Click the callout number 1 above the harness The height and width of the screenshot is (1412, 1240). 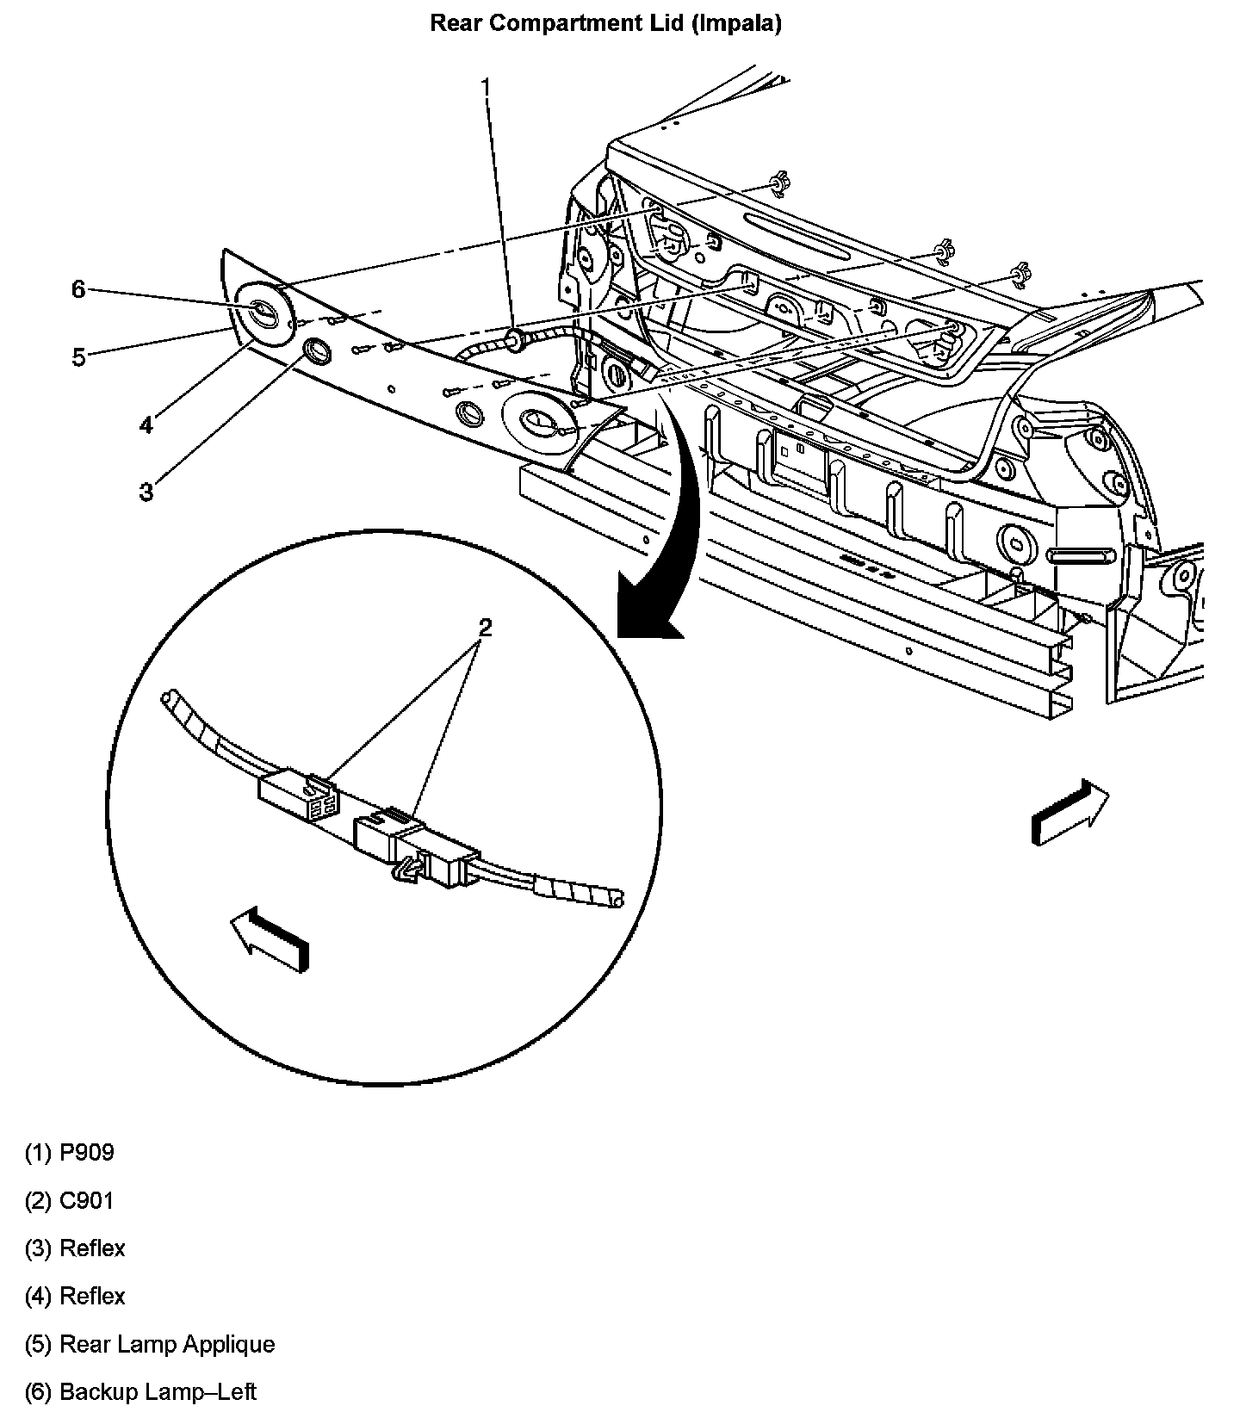[x=487, y=88]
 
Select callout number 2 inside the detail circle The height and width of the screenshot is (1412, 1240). [x=485, y=627]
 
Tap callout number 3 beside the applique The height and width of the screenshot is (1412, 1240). [x=146, y=492]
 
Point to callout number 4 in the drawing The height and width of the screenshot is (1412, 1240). [x=146, y=424]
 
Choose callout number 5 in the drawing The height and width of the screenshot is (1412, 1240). [x=78, y=356]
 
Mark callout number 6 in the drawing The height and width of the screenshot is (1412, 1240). [x=78, y=289]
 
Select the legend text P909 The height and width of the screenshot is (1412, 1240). [x=86, y=1152]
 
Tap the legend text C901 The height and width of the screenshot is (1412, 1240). [x=86, y=1200]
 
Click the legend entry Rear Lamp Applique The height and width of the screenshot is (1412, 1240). [x=167, y=1344]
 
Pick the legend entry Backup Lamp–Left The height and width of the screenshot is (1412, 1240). [x=158, y=1391]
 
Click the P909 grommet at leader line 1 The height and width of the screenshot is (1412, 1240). [x=515, y=339]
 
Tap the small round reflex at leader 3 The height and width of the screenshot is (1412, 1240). [x=317, y=350]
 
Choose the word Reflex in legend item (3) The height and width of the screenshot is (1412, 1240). [x=92, y=1248]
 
